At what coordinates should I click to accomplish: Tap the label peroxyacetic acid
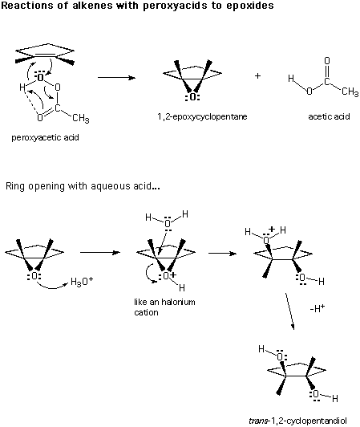pos(45,137)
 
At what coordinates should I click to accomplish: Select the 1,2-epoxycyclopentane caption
pos(202,117)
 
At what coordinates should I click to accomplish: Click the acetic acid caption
pos(329,116)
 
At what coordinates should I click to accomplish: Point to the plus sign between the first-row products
pos(257,75)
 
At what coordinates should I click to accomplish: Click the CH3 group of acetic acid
pos(350,91)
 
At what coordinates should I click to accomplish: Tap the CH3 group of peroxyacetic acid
pos(81,119)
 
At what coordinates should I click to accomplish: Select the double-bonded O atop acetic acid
pos(327,60)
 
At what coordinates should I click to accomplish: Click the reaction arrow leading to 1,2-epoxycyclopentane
pos(116,78)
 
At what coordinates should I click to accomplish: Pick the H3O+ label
pos(82,281)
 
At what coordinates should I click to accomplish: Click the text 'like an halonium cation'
pos(164,307)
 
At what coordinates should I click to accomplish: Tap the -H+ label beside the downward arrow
pos(318,308)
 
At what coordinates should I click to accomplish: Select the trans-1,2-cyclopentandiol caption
pos(297,421)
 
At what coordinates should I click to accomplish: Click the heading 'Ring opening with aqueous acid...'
pos(83,186)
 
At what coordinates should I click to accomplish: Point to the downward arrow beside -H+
pos(289,311)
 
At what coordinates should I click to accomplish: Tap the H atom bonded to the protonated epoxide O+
pos(182,287)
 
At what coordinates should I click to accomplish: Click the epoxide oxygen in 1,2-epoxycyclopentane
pos(192,96)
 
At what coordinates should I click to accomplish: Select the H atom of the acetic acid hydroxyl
pos(291,79)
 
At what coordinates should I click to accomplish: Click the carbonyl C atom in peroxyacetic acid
pos(57,108)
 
